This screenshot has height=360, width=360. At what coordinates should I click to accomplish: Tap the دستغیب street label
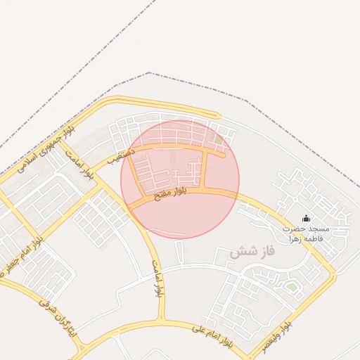[x=117, y=155]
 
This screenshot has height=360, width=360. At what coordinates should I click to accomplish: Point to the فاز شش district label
[x=252, y=250]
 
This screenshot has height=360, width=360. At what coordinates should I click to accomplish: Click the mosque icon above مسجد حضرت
[x=306, y=219]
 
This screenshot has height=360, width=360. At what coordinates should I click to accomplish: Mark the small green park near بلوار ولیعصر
[x=290, y=286]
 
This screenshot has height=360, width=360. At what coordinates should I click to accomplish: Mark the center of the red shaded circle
[x=180, y=179]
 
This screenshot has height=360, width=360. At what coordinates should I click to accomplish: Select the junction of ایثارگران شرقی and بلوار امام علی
[x=84, y=347]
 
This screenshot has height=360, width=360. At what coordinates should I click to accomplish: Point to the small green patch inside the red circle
[x=218, y=140]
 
